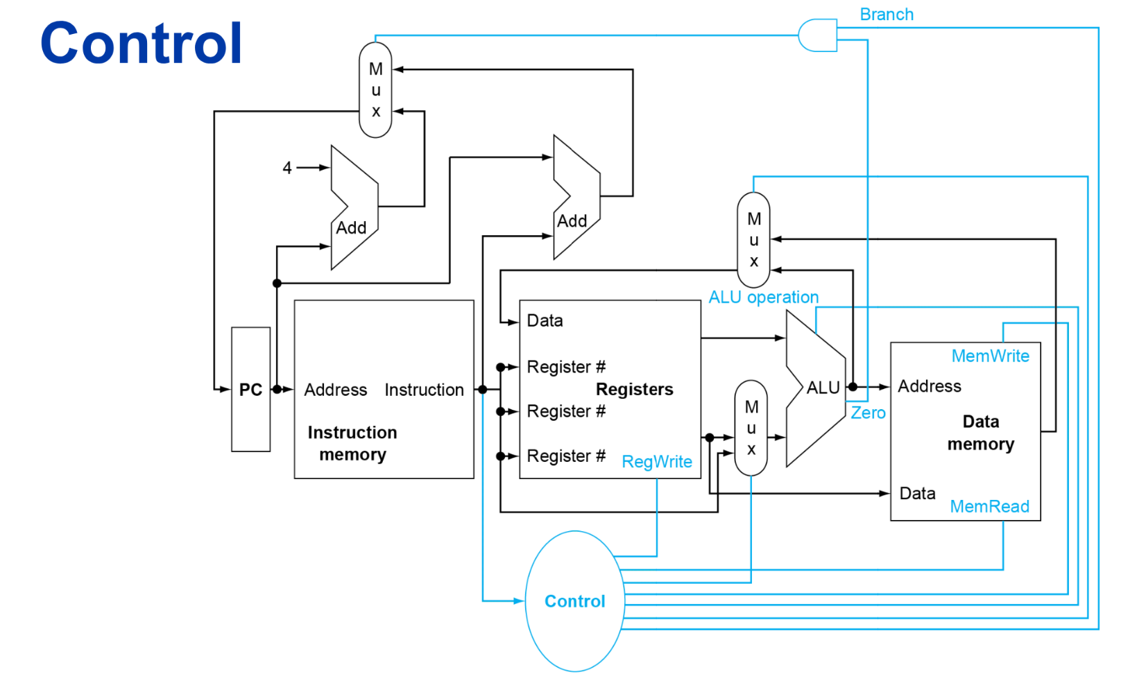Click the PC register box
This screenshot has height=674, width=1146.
[250, 390]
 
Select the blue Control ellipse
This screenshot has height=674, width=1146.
[574, 601]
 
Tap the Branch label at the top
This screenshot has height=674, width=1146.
[887, 15]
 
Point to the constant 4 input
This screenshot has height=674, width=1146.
[287, 168]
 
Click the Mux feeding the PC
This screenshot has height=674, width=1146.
[375, 90]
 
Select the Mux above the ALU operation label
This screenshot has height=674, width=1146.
[753, 240]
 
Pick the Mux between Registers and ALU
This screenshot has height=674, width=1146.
[751, 428]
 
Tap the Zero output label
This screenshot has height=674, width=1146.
[868, 413]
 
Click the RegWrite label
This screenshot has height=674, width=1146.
[657, 462]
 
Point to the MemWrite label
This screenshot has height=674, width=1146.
[990, 356]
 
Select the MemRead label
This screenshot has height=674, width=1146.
[989, 507]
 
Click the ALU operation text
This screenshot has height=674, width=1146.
[763, 297]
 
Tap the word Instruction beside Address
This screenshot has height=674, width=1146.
[424, 390]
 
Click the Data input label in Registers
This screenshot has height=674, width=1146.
[545, 321]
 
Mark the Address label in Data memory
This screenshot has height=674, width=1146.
[930, 386]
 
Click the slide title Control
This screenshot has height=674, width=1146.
[142, 44]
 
